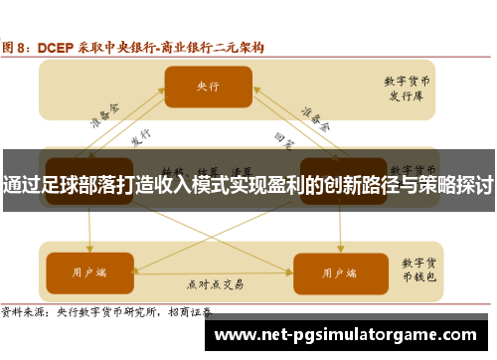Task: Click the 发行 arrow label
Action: pyautogui.click(x=140, y=137)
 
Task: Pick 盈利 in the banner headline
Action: pyautogui.click(x=289, y=184)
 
